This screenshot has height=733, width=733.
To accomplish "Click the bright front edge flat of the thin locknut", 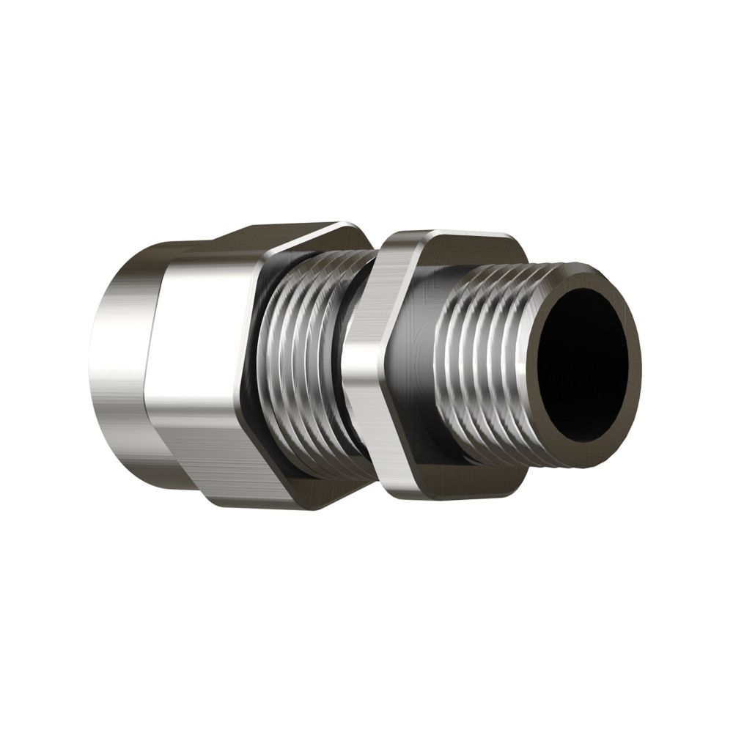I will tap(363, 366).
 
